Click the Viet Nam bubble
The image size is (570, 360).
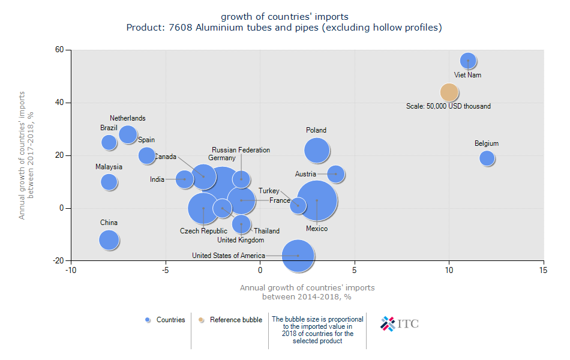[468, 61]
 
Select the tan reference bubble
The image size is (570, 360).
[449, 92]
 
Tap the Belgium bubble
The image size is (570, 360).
[487, 158]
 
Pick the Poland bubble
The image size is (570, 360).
[317, 151]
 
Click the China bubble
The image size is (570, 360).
[109, 240]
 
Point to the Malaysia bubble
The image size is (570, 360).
[109, 182]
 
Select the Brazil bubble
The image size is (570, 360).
[109, 142]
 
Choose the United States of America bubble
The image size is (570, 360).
[298, 256]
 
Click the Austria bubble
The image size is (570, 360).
[335, 174]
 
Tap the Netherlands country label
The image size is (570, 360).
[127, 118]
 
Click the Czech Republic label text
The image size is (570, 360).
[203, 231]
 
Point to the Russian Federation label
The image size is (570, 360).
[241, 150]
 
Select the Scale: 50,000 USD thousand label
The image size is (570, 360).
[448, 106]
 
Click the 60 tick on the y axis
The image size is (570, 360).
[59, 50]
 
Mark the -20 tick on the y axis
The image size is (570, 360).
[58, 261]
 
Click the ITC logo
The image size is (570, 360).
[400, 323]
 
